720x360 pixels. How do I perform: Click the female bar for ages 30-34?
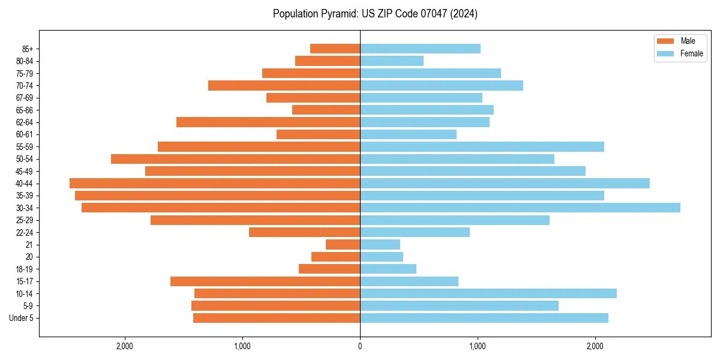coord(520,208)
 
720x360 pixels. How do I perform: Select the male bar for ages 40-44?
coord(215,183)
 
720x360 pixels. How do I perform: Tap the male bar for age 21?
coord(343,244)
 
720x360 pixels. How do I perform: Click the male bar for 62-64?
coord(268,122)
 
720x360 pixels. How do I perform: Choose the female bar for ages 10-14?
coord(488,293)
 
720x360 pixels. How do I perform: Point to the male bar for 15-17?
coord(265,281)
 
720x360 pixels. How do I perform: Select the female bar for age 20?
coord(382,257)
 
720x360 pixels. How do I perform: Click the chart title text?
coord(375,14)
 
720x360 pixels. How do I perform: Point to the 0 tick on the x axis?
coord(360,346)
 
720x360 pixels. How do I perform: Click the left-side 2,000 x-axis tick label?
coord(125,346)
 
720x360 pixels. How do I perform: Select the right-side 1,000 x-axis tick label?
coord(478,346)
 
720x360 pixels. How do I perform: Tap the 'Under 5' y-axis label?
coord(21,318)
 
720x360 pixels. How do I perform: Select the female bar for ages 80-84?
coord(392,61)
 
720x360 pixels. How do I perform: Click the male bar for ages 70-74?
coord(284,85)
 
